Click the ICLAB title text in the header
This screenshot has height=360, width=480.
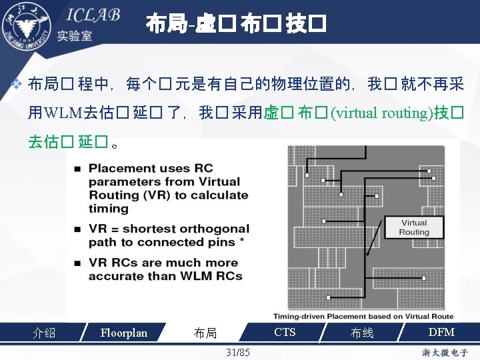[x=92, y=15]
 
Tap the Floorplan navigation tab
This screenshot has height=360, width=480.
[x=123, y=333]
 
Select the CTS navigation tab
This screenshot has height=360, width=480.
[x=285, y=332]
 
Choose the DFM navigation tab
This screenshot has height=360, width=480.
[x=441, y=332]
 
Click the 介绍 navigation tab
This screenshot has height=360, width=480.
[x=44, y=333]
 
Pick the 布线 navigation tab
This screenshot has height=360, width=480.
[x=362, y=333]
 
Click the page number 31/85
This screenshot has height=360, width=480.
[x=238, y=351]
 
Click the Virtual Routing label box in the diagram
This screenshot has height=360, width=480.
[x=414, y=227]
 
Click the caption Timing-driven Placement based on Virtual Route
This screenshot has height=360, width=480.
[x=363, y=317]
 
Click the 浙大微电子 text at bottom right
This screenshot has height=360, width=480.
[x=445, y=352]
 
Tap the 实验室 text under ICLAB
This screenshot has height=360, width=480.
[x=75, y=37]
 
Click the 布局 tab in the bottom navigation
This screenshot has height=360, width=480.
[x=205, y=333]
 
